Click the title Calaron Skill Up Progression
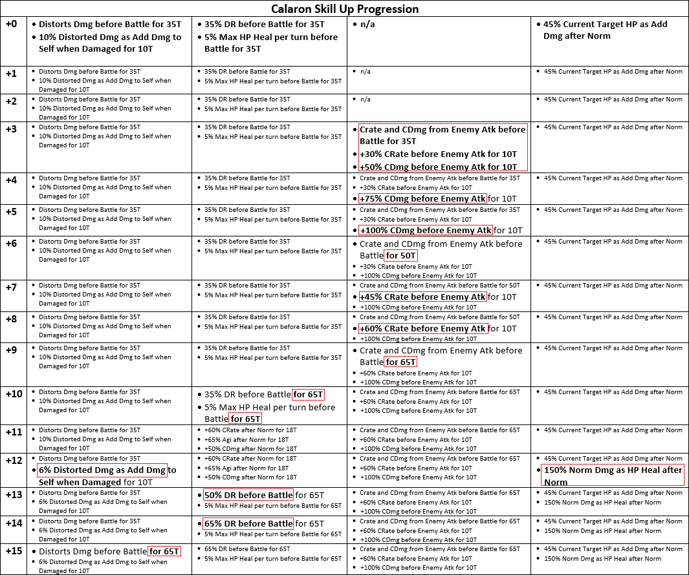click(344, 9)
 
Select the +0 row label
click(12, 24)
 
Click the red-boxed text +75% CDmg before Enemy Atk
click(422, 199)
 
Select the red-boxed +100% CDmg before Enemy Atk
click(426, 231)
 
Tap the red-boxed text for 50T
click(401, 256)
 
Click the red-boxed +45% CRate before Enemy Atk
click(422, 297)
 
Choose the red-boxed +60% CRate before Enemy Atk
click(422, 329)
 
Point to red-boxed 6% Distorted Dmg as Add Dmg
click(102, 470)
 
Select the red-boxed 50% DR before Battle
click(248, 496)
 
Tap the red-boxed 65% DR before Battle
click(248, 524)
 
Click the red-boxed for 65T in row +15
click(164, 552)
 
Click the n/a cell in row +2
click(366, 99)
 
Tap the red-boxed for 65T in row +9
click(401, 362)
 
